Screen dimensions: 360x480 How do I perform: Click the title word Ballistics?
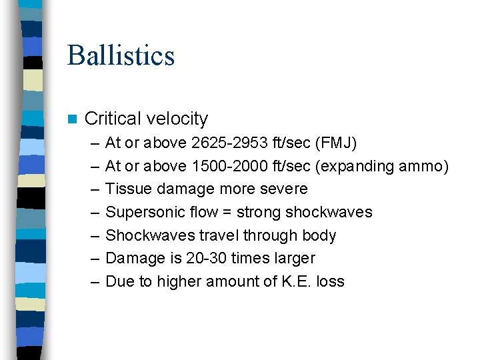point(121,55)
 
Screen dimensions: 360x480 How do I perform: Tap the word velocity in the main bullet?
point(177,119)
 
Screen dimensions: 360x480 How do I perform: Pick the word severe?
point(285,189)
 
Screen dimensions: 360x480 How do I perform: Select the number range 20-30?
point(188,258)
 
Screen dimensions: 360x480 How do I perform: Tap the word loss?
point(331,281)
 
